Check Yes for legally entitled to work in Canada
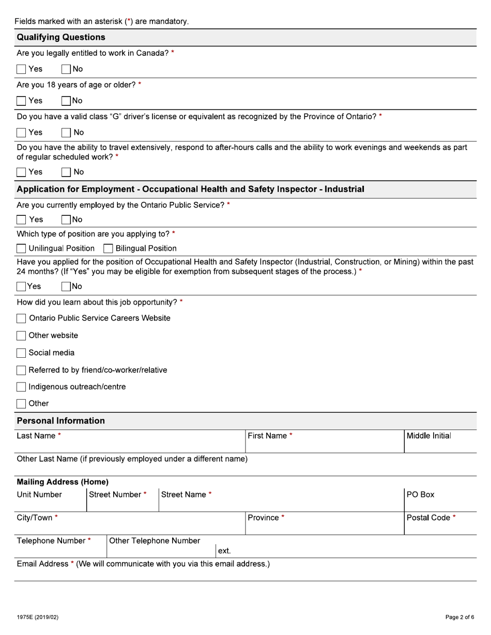click(21, 69)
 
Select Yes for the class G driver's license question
click(21, 133)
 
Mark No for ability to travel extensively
click(66, 172)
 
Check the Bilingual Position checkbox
click(108, 248)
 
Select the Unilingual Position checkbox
click(21, 248)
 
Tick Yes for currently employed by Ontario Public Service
click(21, 219)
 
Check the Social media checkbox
click(21, 353)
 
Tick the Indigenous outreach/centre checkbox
click(21, 387)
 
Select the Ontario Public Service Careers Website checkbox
click(21, 319)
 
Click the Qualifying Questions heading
click(61, 37)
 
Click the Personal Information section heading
click(60, 421)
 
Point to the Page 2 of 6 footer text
click(459, 617)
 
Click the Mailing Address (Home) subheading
click(63, 482)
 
